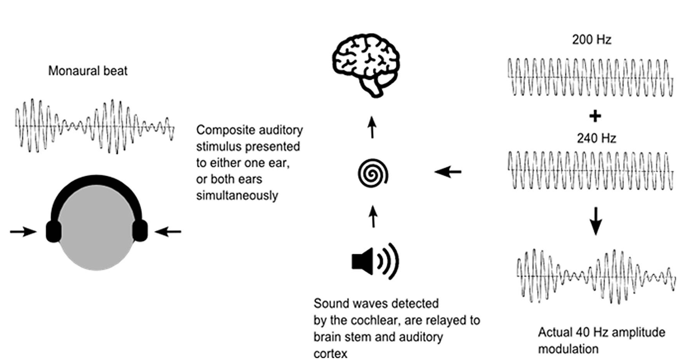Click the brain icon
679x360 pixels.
[366, 64]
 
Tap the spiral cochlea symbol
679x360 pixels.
[373, 174]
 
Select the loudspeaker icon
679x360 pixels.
[375, 262]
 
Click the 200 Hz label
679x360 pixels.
[592, 40]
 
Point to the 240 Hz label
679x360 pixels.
[596, 138]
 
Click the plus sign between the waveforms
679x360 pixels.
[595, 116]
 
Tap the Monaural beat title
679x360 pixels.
[88, 71]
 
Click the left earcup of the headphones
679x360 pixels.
[54, 231]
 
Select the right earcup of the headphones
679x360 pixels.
[140, 231]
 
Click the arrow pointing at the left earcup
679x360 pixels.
[23, 232]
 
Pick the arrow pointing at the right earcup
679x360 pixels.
[168, 232]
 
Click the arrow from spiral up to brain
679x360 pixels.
[372, 127]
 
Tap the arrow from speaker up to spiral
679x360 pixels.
[373, 216]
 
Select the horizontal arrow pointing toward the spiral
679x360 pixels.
[448, 171]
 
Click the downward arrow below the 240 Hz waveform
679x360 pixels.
[596, 221]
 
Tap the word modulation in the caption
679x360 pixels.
[568, 349]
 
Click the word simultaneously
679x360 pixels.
[237, 195]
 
